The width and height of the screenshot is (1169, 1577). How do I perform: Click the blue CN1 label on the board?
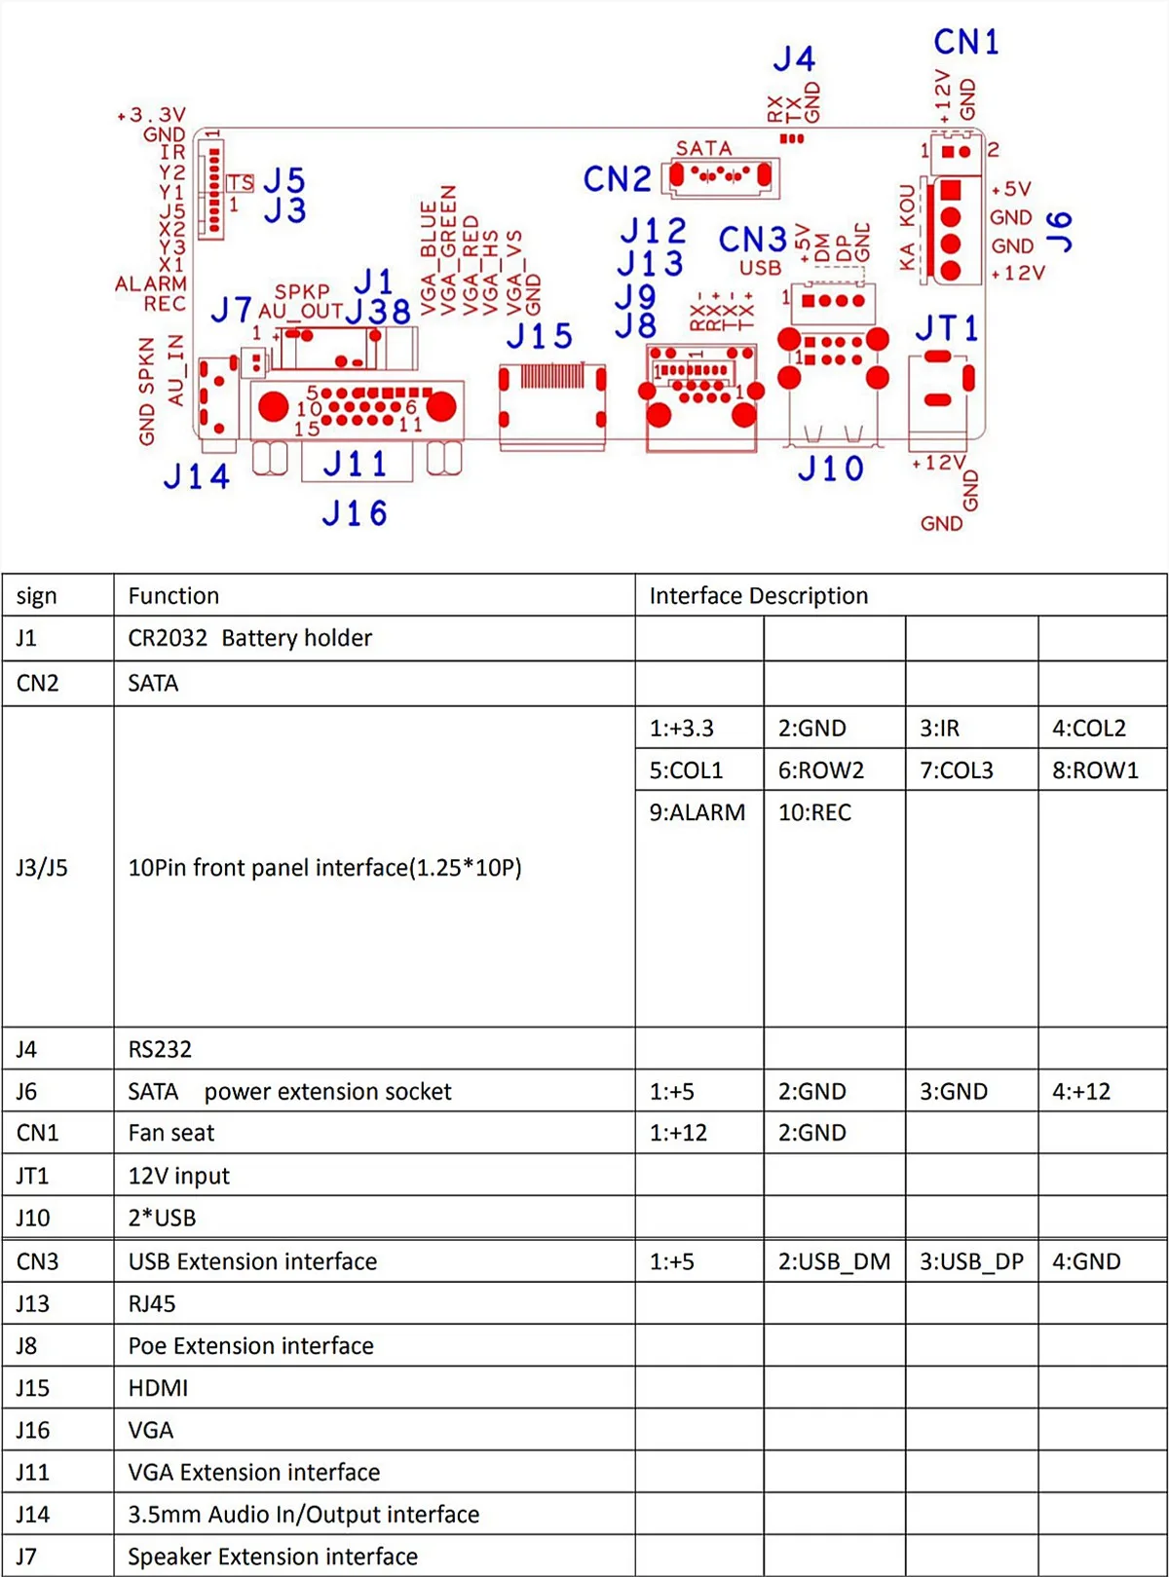(965, 42)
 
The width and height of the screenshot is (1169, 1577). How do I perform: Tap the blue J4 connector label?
(794, 59)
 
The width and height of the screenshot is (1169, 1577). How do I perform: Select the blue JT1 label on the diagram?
(946, 328)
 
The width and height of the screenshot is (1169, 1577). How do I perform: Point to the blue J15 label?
(539, 337)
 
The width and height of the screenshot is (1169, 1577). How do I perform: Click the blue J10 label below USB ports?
(830, 469)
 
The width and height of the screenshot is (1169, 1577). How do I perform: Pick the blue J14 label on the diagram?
(197, 476)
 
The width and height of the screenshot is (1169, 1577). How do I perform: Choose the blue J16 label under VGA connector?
(355, 513)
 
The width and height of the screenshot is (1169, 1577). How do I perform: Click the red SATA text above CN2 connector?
(703, 148)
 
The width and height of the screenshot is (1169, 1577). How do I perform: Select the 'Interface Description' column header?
(758, 596)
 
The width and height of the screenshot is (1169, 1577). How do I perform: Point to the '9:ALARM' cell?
(697, 812)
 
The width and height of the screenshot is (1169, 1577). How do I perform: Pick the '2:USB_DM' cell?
(834, 1261)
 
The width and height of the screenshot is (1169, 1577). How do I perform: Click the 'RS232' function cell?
(160, 1049)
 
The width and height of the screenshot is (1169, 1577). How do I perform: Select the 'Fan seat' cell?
(171, 1133)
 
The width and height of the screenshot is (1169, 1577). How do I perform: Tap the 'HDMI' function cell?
(158, 1388)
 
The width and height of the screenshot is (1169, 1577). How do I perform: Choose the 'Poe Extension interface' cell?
(250, 1346)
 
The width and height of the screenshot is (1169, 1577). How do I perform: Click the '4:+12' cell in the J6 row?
(1080, 1092)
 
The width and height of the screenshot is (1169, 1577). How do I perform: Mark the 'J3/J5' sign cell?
(42, 867)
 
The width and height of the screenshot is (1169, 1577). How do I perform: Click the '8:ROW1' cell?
(1095, 770)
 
